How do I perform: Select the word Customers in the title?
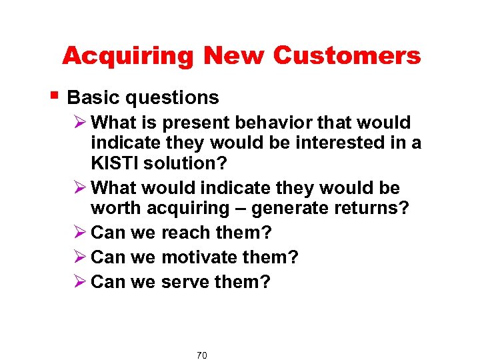[x=347, y=56]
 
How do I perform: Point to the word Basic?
[x=93, y=98]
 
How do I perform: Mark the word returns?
[x=370, y=208]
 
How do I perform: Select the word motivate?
[x=202, y=257]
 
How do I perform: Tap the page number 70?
[x=202, y=355]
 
